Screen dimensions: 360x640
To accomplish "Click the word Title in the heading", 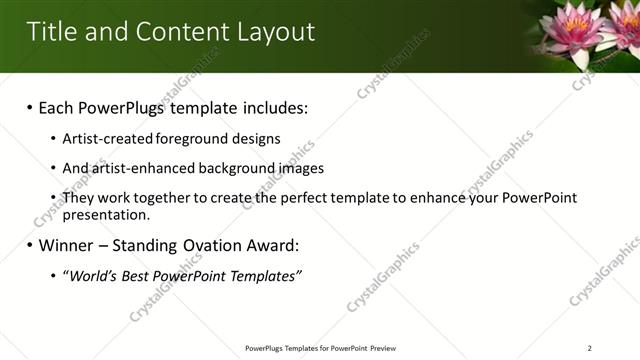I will [x=52, y=32].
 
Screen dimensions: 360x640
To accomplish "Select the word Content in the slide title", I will [x=175, y=32].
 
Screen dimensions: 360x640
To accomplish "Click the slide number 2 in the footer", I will [x=590, y=348].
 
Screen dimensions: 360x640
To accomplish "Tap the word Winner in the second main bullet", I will [x=72, y=245].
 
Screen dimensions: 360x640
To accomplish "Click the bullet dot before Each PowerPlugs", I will [x=29, y=107].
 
